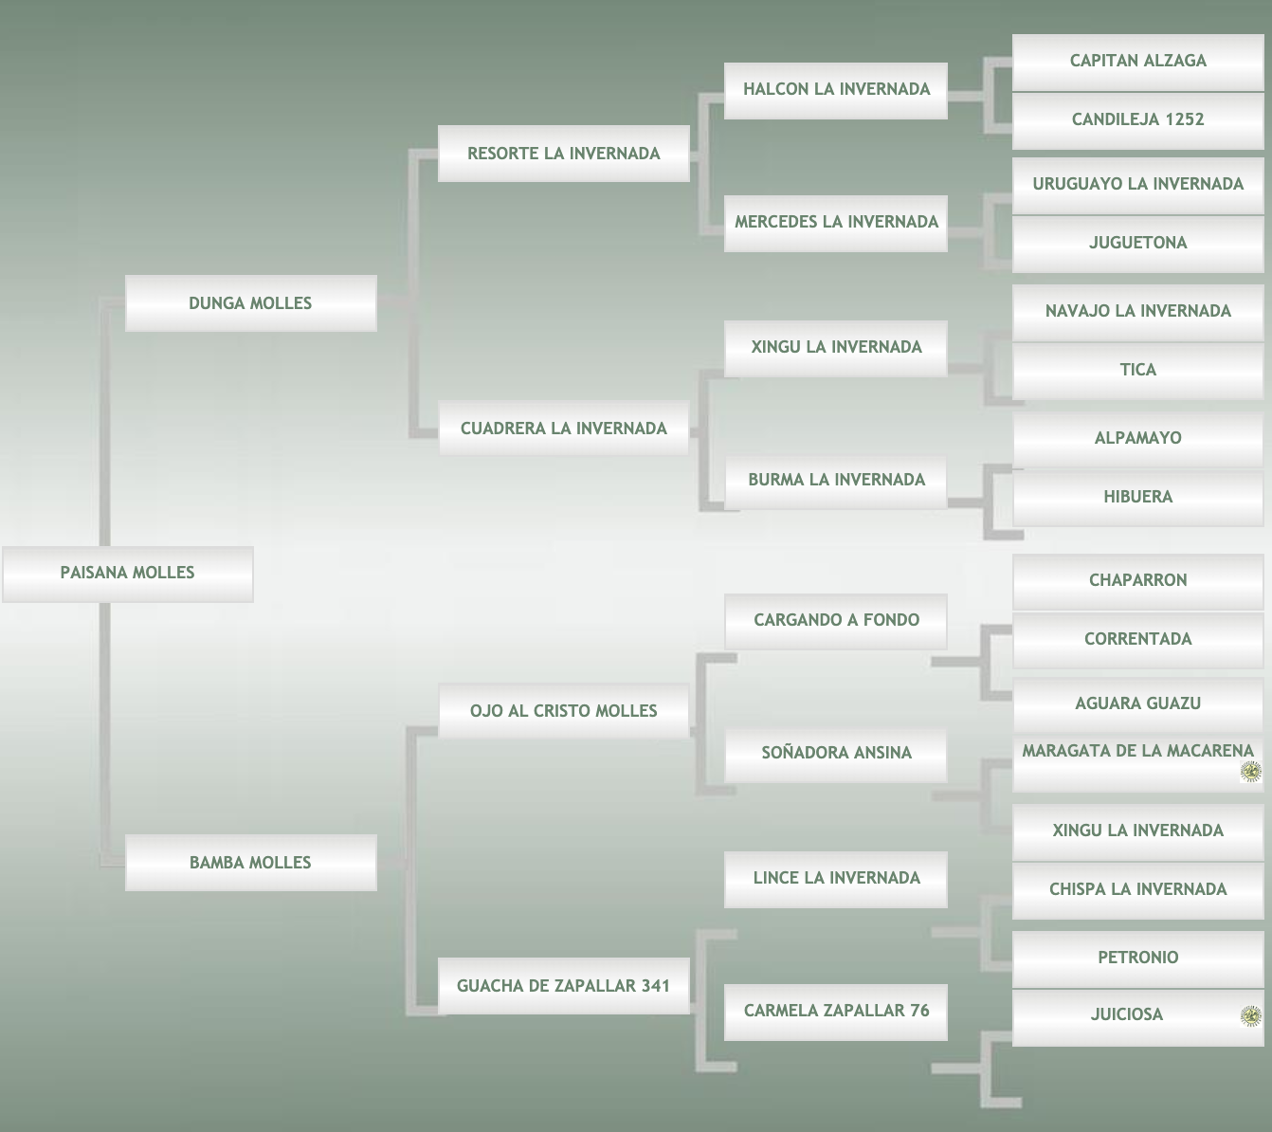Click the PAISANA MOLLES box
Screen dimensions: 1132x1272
[127, 573]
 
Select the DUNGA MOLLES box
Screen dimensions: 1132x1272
[250, 303]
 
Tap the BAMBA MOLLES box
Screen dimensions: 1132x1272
[250, 863]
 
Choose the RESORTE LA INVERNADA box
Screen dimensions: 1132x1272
[563, 154]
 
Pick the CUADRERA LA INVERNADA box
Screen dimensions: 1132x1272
[563, 429]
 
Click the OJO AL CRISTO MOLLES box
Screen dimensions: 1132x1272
[563, 711]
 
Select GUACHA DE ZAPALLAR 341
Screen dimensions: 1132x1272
[563, 986]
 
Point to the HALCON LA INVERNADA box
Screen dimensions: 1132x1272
[836, 89]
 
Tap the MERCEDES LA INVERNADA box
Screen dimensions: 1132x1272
[836, 222]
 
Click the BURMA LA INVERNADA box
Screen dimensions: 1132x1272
[836, 480]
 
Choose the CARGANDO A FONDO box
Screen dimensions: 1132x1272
[836, 620]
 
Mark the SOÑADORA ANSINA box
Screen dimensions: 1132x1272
[836, 753]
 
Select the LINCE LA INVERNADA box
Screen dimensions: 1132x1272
[836, 878]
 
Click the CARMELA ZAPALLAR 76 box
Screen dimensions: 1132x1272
[836, 1011]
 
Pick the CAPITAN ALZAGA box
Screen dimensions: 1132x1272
[1137, 61]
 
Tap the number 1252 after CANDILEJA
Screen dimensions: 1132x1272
[1185, 119]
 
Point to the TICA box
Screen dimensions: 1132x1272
[1137, 370]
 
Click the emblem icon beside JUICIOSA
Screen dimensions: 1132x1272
[1251, 1016]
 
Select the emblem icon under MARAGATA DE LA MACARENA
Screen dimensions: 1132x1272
[1251, 773]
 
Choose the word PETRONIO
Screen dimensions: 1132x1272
[1137, 958]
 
